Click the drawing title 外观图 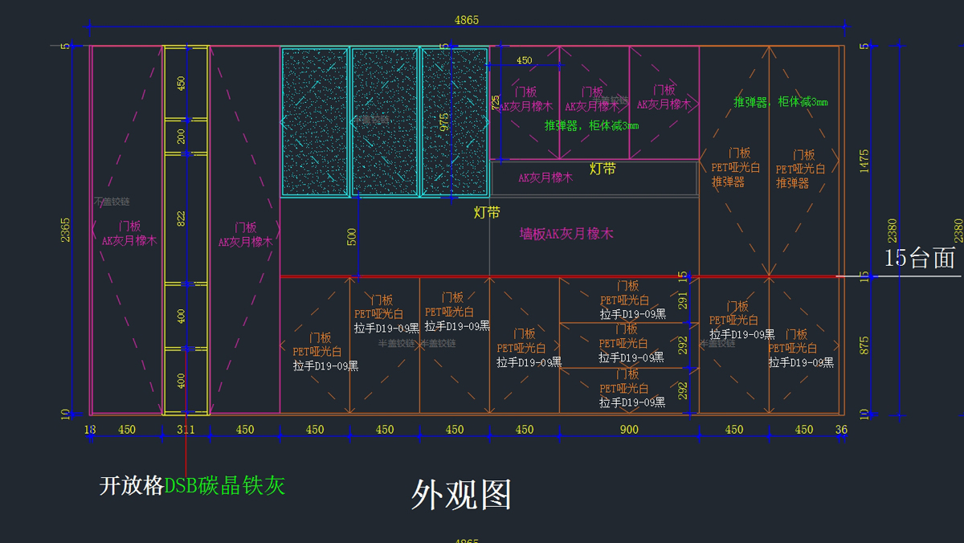[461, 495]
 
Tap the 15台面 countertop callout [920, 258]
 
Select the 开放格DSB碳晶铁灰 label [192, 485]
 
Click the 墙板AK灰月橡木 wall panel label [566, 234]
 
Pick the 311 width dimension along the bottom [186, 430]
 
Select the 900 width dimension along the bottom [629, 430]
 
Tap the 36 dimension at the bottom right [841, 430]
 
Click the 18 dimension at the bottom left [90, 430]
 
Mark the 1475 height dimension [864, 161]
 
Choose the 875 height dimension [864, 345]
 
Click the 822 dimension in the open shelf [181, 218]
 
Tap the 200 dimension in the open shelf [181, 137]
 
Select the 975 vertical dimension [444, 120]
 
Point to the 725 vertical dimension [496, 103]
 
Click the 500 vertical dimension [352, 237]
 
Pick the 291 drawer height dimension [682, 300]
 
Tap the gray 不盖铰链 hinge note [112, 202]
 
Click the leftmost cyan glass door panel [314, 122]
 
